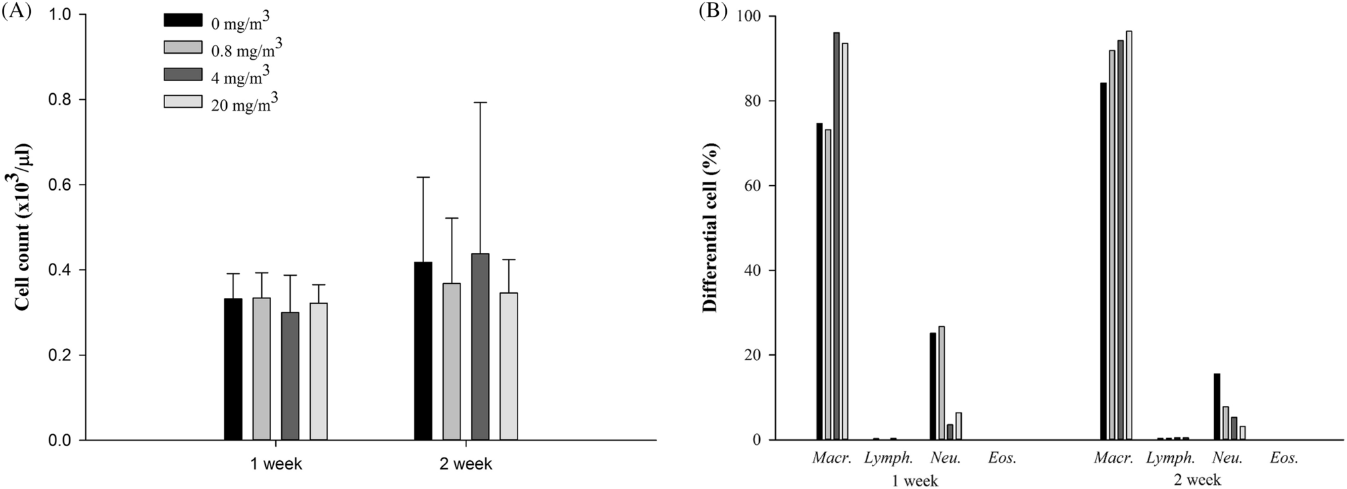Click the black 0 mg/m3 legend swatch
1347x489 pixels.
183,19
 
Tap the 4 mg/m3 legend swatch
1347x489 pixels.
183,74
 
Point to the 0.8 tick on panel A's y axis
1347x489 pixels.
65,100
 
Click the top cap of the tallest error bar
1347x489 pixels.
480,103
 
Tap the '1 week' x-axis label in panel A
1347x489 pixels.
276,464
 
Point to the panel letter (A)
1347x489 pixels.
17,12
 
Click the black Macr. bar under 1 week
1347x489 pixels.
819,282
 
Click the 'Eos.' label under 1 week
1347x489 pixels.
1003,459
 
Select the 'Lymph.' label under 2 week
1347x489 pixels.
1170,459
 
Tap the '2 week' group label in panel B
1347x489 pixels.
1197,480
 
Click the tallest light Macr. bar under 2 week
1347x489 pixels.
1128,235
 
